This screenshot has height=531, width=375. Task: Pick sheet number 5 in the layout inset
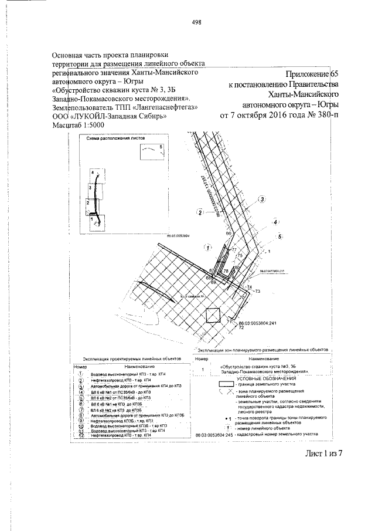point(161,145)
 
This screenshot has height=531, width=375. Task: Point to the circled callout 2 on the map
point(200,212)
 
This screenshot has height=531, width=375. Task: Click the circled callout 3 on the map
point(262,199)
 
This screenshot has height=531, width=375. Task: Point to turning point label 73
point(257,290)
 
